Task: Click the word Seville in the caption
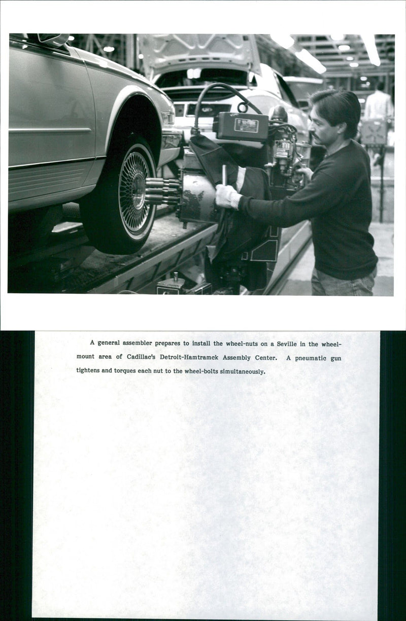(x=287, y=344)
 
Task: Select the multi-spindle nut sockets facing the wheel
(x=161, y=191)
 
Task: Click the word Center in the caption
(x=264, y=357)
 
